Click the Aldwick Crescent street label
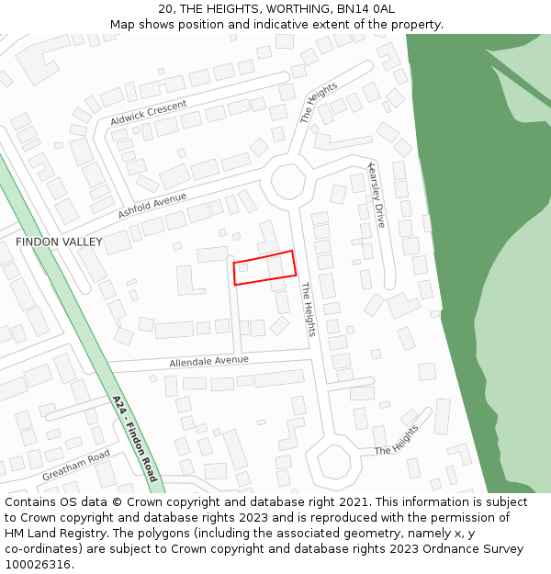(148, 114)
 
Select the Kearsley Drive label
(377, 195)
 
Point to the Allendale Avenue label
(208, 362)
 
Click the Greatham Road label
(76, 466)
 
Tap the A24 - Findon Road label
(135, 439)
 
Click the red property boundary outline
(264, 256)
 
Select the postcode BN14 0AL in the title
(368, 9)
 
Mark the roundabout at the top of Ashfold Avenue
(288, 181)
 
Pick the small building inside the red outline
(242, 268)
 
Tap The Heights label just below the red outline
(309, 309)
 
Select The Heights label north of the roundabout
(319, 102)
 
